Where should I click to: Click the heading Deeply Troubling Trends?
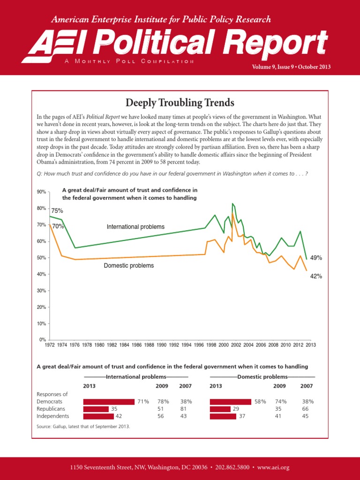tap(180, 102)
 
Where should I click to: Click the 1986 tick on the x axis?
tap(136, 345)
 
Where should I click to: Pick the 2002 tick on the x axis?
tap(236, 345)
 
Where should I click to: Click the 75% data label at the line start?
tap(57, 211)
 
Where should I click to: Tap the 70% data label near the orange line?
tap(58, 226)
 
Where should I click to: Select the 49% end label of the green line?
tap(316, 258)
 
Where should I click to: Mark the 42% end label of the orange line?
tap(316, 277)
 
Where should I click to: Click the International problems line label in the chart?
tap(135, 227)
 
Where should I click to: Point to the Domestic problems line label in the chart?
tap(128, 266)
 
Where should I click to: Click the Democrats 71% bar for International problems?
tap(109, 402)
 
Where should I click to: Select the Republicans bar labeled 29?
tap(220, 409)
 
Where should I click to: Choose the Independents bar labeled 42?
tap(98, 416)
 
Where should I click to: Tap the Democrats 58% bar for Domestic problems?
tap(232, 402)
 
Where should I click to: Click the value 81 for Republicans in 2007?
tap(186, 409)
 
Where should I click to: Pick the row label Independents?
tap(52, 416)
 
